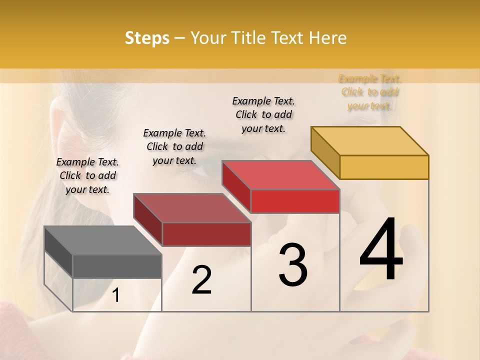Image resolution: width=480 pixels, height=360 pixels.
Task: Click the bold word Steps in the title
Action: (147, 38)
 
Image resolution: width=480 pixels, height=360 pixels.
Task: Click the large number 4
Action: (381, 250)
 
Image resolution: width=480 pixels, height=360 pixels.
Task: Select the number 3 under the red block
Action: (292, 265)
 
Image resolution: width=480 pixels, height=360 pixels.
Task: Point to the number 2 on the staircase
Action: (201, 280)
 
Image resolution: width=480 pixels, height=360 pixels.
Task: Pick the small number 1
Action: (116, 295)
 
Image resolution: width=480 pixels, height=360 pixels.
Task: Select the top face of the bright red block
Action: (280, 175)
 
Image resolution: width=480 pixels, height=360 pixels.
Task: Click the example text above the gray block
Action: (87, 175)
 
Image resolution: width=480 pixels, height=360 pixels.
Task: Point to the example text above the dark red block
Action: (174, 146)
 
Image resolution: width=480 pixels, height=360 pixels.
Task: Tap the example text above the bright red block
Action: (263, 114)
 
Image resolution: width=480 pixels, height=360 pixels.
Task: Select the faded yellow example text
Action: (370, 92)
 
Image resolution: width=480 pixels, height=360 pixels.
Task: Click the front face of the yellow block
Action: (384, 167)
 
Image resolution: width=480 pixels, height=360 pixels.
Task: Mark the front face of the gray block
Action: (117, 266)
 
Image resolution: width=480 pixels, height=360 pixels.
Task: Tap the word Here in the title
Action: (328, 38)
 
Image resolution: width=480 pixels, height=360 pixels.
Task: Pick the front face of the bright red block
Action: (295, 201)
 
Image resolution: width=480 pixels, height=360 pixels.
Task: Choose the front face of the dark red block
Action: (206, 234)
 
